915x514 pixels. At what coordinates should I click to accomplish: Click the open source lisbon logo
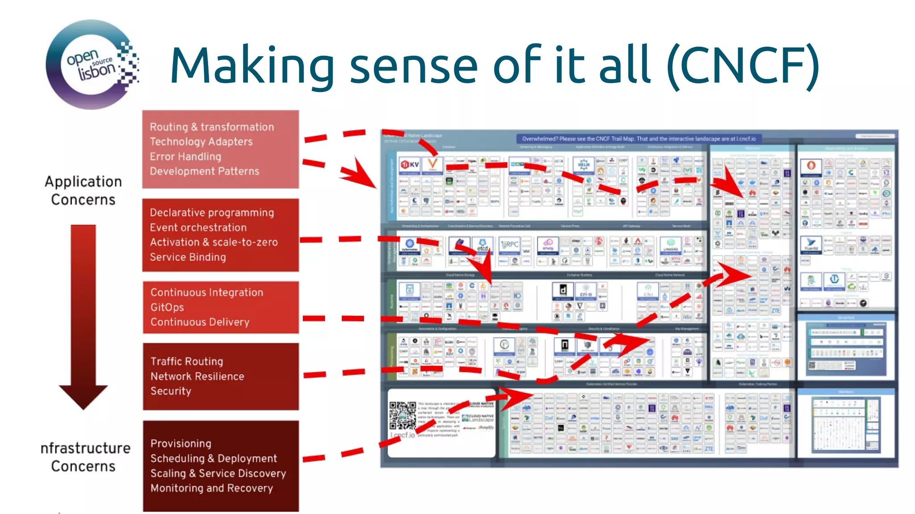92,65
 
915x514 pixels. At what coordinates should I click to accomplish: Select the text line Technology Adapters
201,142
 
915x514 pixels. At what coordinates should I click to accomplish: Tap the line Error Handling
185,157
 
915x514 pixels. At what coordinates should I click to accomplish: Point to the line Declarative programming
212,213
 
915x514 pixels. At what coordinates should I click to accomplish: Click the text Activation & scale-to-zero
214,242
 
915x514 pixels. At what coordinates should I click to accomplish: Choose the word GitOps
167,307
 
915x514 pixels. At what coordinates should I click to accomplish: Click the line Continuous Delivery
200,322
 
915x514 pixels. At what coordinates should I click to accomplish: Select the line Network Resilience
197,377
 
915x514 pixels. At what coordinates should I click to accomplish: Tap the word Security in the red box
171,391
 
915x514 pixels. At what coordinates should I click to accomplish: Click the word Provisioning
181,444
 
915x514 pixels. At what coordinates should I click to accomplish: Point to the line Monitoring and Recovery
211,488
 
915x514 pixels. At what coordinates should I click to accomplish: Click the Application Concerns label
83,191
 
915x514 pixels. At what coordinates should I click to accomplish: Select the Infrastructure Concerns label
85,457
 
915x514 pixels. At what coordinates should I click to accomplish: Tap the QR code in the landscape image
402,415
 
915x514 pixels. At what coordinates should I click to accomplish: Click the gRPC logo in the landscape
510,245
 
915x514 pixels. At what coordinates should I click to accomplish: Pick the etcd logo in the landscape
483,246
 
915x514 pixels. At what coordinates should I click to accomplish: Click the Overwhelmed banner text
638,139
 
